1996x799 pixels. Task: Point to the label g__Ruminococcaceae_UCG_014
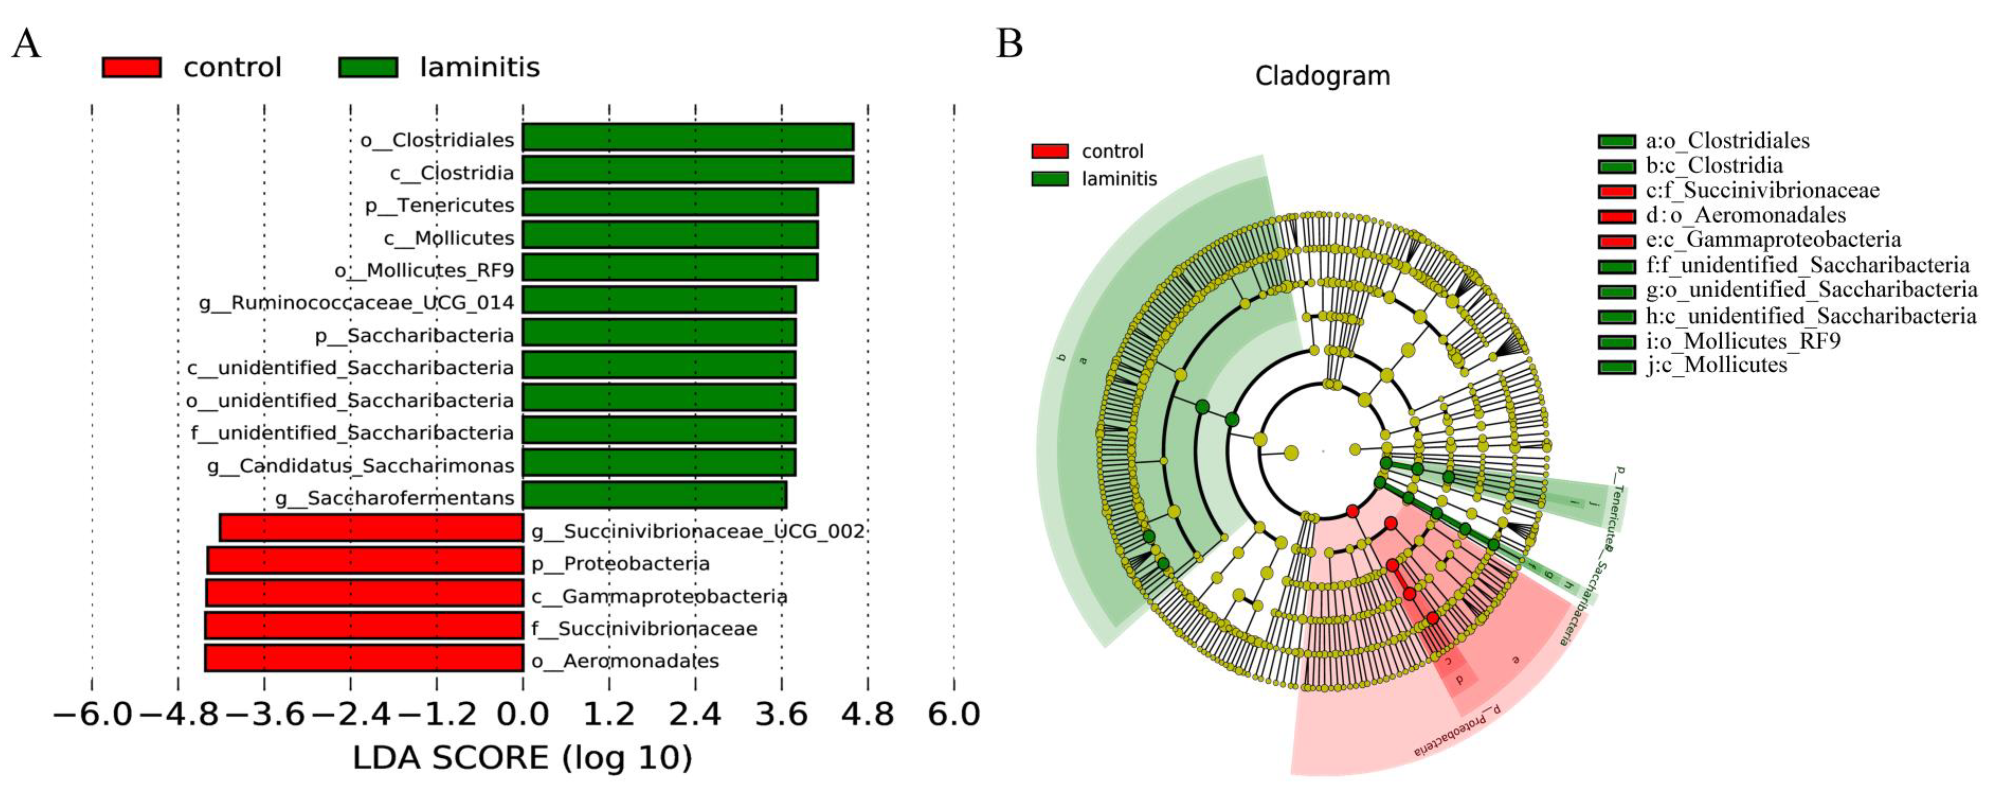click(356, 302)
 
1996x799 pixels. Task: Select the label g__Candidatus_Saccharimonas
click(360, 466)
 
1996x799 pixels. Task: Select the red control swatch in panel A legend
click(132, 67)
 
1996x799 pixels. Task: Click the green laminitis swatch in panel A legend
click(368, 67)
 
